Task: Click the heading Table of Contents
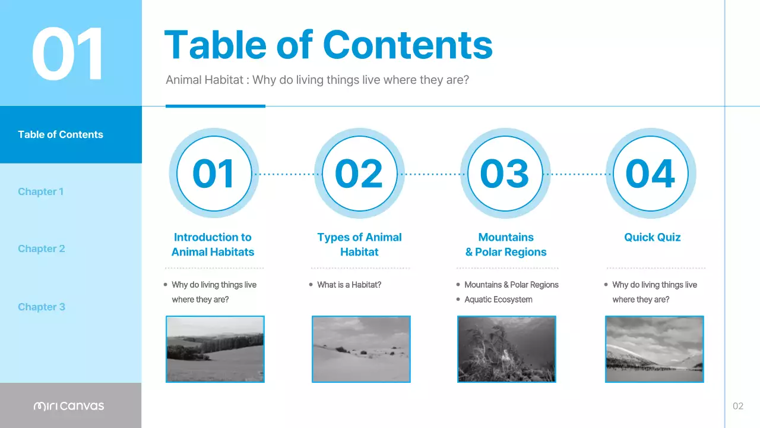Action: (328, 45)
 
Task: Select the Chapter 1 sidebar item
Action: (40, 191)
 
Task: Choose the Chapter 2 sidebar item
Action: (41, 248)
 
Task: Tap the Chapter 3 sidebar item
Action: (41, 307)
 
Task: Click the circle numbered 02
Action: (359, 174)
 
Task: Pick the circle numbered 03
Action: (505, 174)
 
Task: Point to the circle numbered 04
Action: (650, 174)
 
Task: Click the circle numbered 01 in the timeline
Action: (214, 174)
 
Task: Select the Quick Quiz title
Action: (652, 237)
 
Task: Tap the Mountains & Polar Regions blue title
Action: (506, 244)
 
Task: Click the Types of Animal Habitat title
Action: (359, 244)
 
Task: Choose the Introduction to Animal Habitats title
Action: (213, 244)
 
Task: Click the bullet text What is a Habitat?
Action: (349, 285)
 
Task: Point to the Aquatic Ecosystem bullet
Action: (498, 300)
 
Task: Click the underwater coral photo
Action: (506, 349)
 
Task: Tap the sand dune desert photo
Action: (361, 349)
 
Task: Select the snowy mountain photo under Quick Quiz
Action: (654, 349)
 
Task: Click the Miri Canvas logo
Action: (69, 406)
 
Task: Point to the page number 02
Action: (738, 406)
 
